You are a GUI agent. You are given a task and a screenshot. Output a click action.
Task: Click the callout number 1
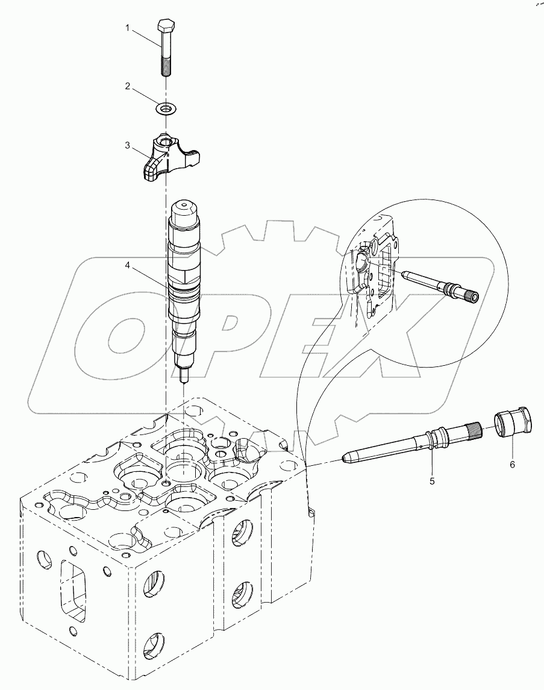(x=127, y=28)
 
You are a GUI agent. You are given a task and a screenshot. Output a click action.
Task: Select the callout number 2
(x=127, y=86)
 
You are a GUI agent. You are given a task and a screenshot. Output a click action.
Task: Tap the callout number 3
(x=127, y=145)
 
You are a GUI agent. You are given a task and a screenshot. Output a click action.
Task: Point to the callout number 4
(x=127, y=263)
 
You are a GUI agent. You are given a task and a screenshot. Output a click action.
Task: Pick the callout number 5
(x=432, y=481)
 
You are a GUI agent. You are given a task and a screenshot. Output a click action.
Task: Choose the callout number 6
(x=513, y=465)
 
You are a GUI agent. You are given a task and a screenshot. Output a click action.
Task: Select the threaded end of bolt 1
(x=166, y=66)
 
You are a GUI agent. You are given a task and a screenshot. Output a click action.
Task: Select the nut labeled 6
(x=513, y=422)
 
